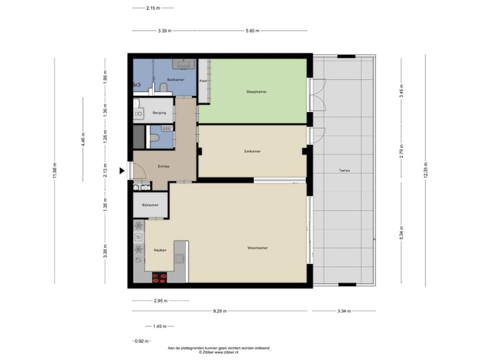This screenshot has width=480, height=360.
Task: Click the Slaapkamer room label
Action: click(257, 92)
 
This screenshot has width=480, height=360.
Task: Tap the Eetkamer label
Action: click(252, 151)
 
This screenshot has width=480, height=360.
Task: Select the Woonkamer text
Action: click(257, 248)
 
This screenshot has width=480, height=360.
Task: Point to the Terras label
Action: click(344, 171)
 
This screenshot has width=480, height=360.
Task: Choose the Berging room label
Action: click(159, 113)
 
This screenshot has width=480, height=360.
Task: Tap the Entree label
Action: click(163, 167)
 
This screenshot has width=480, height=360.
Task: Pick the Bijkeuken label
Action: click(150, 205)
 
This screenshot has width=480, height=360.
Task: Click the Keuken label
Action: click(160, 250)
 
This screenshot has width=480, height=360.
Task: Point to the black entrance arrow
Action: click(122, 171)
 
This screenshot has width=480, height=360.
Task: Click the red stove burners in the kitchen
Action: click(160, 275)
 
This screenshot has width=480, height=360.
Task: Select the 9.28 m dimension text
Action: click(220, 311)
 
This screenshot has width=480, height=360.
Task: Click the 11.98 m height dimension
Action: click(55, 171)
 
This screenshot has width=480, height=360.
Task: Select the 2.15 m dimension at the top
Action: click(154, 8)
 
